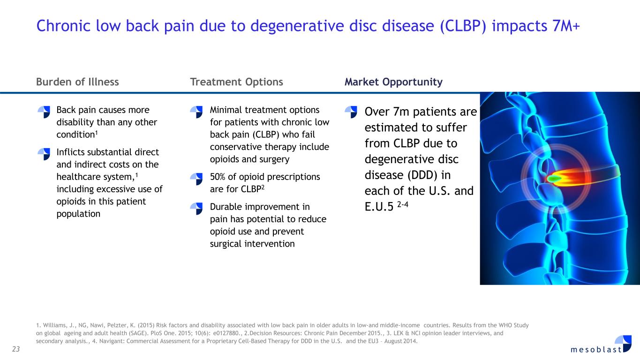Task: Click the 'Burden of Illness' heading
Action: [x=77, y=82]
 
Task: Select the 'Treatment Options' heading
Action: [x=236, y=82]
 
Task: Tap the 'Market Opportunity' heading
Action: [x=393, y=82]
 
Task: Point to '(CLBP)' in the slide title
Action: [x=463, y=26]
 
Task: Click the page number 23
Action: [x=16, y=349]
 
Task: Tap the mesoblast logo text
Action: [x=596, y=349]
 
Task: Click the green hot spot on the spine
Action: [x=554, y=179]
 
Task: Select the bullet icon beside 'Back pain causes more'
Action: [x=44, y=112]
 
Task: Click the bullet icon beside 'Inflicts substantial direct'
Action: [x=44, y=154]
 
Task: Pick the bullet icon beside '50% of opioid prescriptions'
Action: [x=196, y=179]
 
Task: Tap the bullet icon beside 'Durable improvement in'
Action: [x=196, y=209]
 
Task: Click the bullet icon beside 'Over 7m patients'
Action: [x=351, y=112]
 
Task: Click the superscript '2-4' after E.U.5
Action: [x=403, y=204]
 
